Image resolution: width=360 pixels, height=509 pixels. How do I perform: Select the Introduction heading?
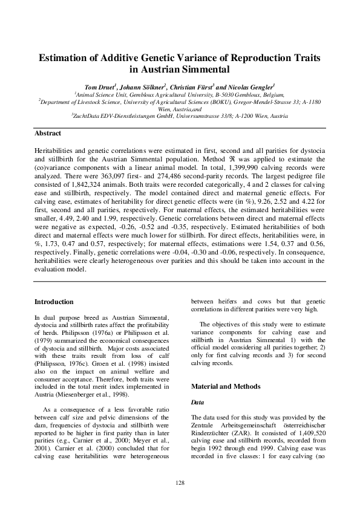(x=54, y=302)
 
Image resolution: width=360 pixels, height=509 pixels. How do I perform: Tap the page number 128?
(x=180, y=482)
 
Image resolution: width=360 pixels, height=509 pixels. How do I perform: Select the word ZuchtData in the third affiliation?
(x=88, y=115)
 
